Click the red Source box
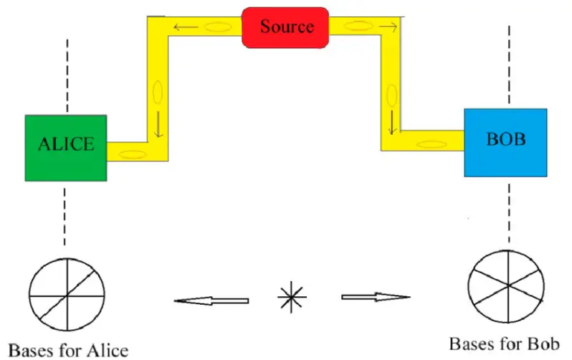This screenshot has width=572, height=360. click(x=285, y=28)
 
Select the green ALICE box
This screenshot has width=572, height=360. click(x=66, y=148)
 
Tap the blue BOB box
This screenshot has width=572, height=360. click(x=505, y=143)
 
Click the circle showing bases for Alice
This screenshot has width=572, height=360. click(x=67, y=294)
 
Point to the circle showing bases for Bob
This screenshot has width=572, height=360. click(x=506, y=286)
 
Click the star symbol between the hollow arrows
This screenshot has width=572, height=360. click(x=292, y=297)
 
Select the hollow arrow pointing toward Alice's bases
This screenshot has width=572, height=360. click(x=211, y=301)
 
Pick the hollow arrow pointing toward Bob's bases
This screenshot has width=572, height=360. click(x=376, y=297)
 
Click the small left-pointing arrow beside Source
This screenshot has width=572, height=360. click(x=186, y=27)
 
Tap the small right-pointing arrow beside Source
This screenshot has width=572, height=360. click(x=388, y=27)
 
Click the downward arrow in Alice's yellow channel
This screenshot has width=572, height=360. click(x=158, y=123)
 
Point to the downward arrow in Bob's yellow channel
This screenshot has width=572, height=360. click(x=392, y=122)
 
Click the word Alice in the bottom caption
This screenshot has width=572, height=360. click(x=108, y=351)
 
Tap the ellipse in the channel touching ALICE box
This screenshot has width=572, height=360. click(x=133, y=154)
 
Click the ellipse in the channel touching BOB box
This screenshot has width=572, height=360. click(x=432, y=145)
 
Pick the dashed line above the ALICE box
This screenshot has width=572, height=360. click(x=67, y=75)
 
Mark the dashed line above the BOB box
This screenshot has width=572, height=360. click(x=509, y=65)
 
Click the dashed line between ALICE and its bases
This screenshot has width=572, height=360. click(x=65, y=217)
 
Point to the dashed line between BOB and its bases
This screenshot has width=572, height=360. click(x=509, y=213)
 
